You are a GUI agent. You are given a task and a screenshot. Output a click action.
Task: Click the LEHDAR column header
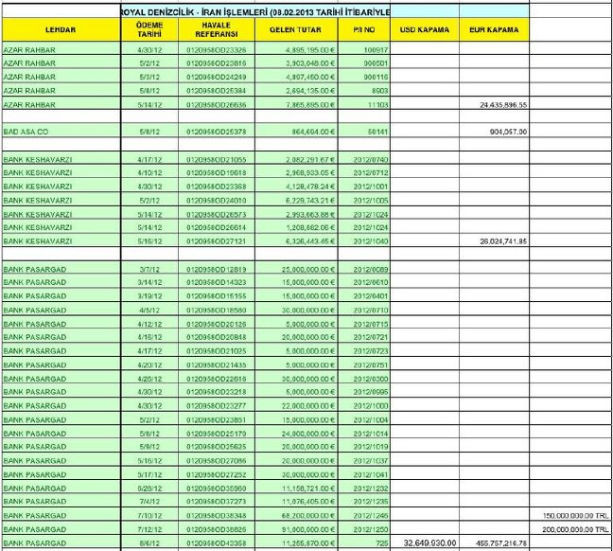point(60,30)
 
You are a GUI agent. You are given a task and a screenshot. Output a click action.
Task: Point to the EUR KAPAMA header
point(493,30)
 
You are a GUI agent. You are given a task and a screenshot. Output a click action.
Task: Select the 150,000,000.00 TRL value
point(573,516)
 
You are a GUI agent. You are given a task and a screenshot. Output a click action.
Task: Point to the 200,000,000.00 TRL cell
point(573,529)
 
